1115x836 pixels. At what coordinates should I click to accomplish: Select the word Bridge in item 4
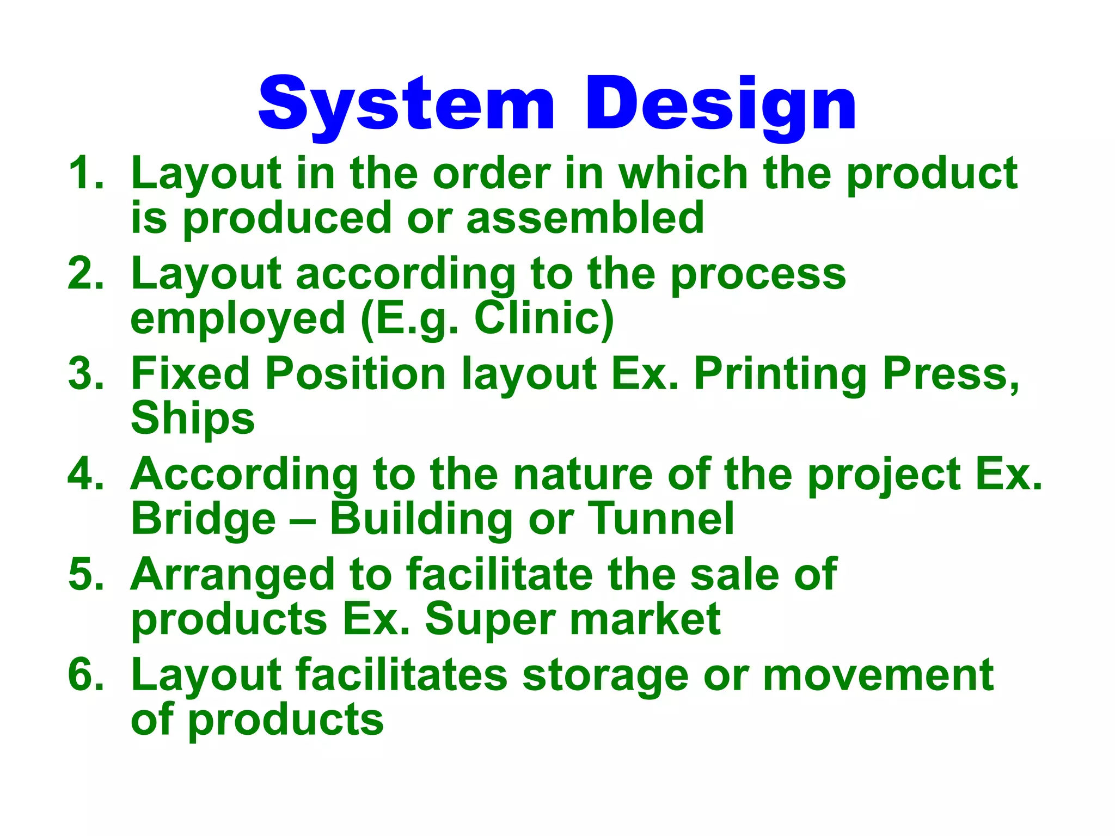pyautogui.click(x=204, y=519)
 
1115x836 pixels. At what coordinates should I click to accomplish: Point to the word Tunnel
pyautogui.click(x=661, y=519)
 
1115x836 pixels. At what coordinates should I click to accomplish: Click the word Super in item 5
pyautogui.click(x=489, y=619)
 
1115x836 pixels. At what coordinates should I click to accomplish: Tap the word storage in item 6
pyautogui.click(x=605, y=675)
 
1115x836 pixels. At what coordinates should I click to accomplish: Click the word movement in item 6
pyautogui.click(x=878, y=675)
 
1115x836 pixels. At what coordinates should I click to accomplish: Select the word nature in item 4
pyautogui.click(x=583, y=474)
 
